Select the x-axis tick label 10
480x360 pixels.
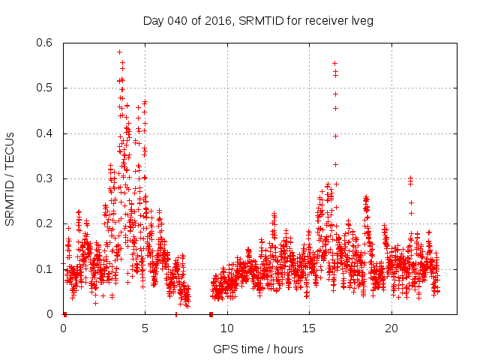click(x=227, y=328)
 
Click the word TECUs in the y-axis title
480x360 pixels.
click(x=10, y=147)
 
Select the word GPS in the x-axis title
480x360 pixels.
click(x=223, y=349)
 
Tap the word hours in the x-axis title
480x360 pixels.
click(x=288, y=349)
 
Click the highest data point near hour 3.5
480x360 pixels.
click(x=120, y=52)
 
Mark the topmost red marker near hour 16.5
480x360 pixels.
click(x=334, y=63)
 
